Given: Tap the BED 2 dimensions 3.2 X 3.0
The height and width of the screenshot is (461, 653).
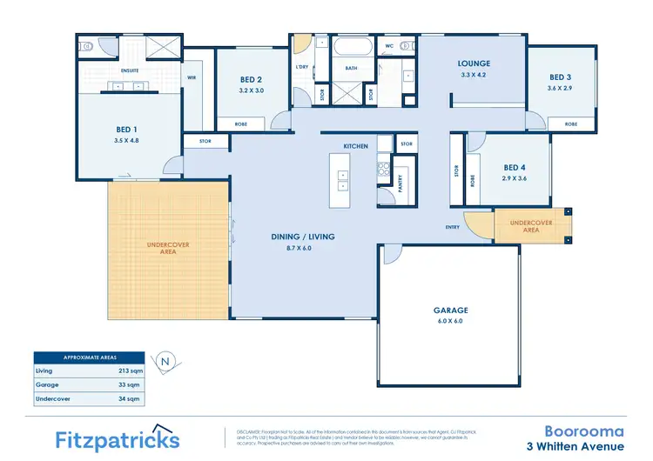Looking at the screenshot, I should [252, 90].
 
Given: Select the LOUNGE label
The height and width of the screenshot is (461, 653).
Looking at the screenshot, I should [475, 63].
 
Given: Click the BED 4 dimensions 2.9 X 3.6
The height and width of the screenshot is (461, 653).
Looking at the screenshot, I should [515, 177].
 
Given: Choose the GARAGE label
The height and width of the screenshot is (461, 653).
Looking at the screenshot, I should [450, 310].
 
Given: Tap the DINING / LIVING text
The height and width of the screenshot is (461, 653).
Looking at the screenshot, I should [304, 237].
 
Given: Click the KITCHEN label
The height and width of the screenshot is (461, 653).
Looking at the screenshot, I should [356, 145].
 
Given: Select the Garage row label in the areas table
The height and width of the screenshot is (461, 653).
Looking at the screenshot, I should [47, 384].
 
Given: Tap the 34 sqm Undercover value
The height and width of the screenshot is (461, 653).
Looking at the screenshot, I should [128, 398].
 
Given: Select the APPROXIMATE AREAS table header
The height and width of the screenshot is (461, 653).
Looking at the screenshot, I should [90, 357].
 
